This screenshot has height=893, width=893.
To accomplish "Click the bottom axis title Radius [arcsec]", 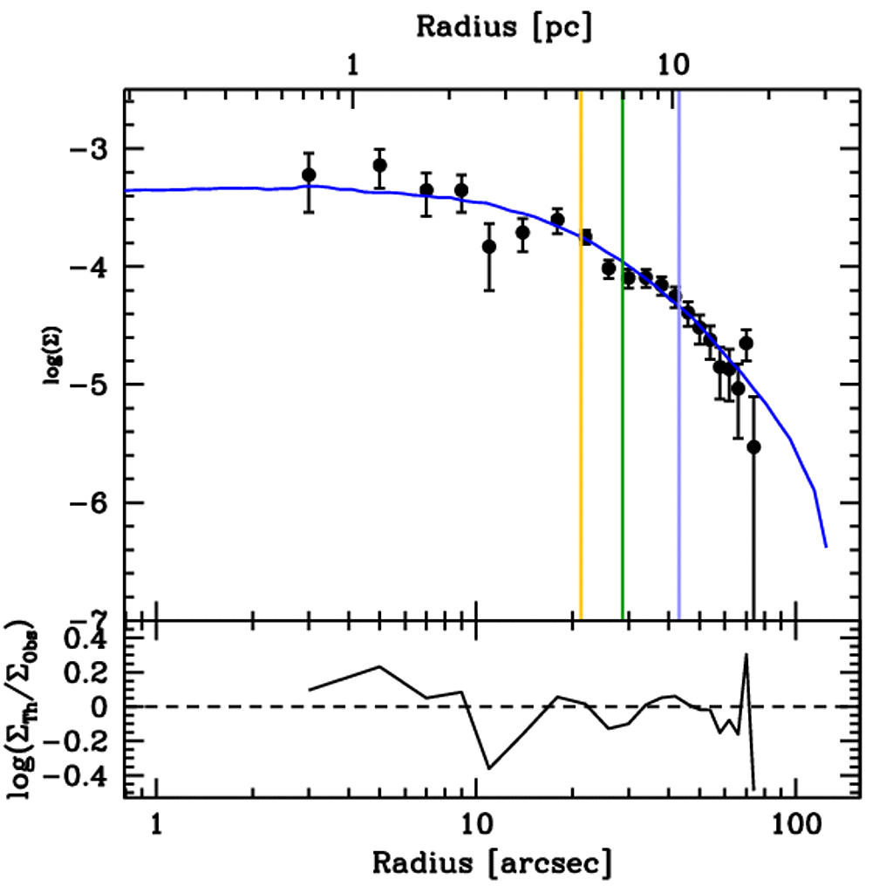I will point(491,863).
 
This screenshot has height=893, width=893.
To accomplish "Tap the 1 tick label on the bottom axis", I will point(156,824).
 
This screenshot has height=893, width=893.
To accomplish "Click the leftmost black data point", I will point(309,175).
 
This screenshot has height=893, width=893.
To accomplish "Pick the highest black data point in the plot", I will point(379,165).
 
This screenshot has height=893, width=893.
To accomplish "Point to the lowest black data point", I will point(754,447).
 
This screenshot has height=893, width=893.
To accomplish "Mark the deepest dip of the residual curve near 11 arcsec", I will point(488,768).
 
